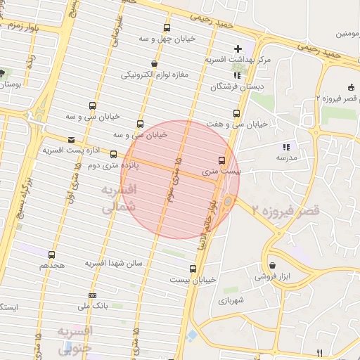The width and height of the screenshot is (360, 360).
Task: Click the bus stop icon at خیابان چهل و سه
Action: point(167,28)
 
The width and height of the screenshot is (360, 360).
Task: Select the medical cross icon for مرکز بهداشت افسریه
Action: point(238,49)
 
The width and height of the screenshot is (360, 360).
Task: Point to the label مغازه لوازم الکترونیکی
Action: point(156,74)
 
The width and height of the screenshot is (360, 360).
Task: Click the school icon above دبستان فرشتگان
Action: point(236,75)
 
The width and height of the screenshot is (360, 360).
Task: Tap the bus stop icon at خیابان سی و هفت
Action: point(236,112)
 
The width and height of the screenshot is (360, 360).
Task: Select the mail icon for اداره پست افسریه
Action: point(71,140)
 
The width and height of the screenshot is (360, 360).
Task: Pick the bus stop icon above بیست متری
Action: point(222,160)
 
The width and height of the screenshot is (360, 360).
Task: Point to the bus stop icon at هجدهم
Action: point(51,255)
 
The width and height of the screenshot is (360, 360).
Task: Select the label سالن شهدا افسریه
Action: point(114,263)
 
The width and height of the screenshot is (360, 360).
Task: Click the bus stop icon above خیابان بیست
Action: point(193,268)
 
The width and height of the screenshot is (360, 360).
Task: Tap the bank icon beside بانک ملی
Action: point(92,296)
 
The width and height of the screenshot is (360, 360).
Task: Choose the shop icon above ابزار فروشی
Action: point(272,265)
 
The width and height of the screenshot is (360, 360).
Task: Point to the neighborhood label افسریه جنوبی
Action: point(73,339)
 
